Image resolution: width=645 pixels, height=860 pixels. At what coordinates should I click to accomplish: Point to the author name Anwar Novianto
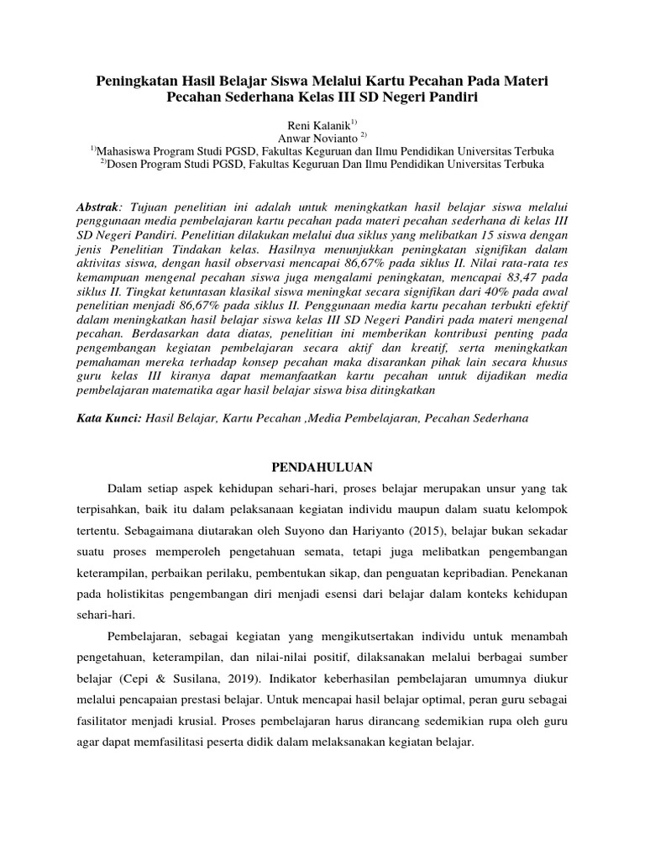point(317,137)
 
